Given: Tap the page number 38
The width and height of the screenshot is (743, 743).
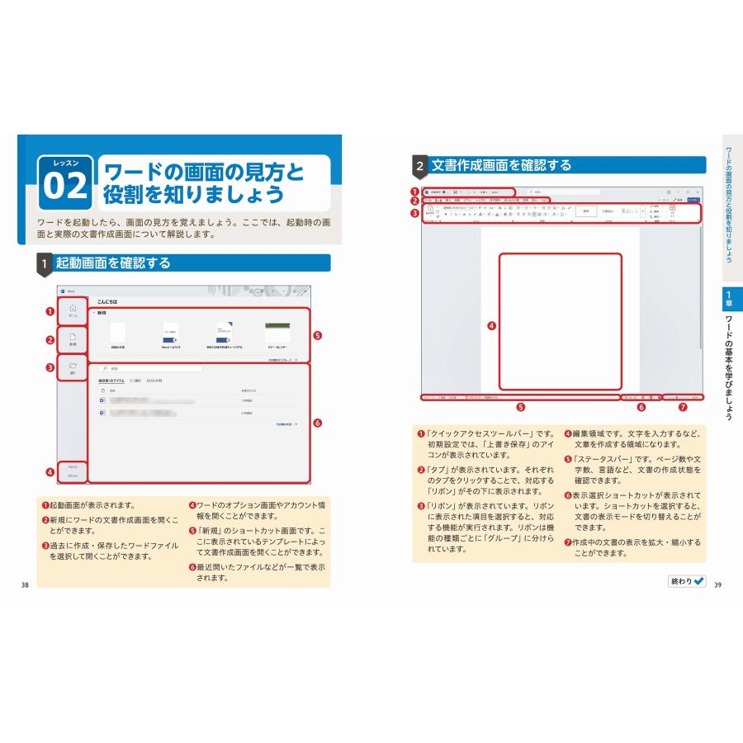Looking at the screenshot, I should (25, 585).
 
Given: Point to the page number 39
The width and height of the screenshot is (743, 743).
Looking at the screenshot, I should (717, 585).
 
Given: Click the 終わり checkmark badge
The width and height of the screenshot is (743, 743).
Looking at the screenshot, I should (688, 581).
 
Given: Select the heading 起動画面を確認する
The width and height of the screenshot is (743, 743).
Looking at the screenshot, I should (112, 263).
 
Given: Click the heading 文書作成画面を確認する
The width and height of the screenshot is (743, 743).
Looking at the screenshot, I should (500, 165).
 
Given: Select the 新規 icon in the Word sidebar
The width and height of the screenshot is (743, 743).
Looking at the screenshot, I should (73, 339).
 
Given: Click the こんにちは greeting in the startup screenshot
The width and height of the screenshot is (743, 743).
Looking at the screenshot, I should (107, 302).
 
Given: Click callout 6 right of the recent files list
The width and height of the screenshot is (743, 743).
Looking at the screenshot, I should (318, 424).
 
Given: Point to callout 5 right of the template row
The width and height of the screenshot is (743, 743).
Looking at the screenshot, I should (318, 336).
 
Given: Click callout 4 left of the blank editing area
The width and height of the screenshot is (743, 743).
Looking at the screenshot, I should (491, 324).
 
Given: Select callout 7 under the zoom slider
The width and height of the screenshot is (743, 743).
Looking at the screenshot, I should (682, 406).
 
